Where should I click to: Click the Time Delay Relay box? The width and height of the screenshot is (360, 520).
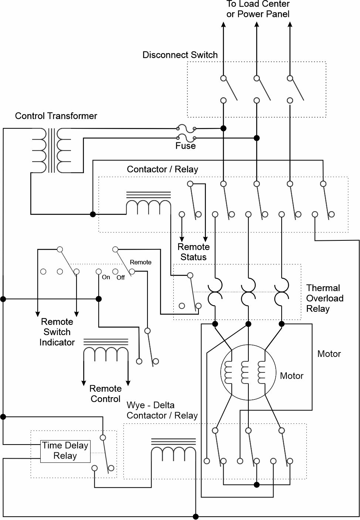coord(65,451)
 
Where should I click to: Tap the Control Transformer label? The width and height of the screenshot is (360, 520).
coord(56,116)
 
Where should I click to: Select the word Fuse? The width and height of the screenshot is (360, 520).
coord(185,146)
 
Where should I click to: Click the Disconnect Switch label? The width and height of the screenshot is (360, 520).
coord(180,55)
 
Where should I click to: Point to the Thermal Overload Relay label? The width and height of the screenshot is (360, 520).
coord(325,298)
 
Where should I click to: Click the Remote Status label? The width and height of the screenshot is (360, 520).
coord(193,251)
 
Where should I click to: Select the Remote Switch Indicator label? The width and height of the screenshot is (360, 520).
coord(57,332)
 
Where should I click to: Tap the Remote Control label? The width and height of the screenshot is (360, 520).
coord(106,394)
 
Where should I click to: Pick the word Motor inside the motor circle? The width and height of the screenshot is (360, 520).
coord(291,376)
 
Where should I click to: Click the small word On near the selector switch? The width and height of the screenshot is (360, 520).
coord(106,277)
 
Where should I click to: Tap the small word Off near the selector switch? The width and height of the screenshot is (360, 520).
coord(120,277)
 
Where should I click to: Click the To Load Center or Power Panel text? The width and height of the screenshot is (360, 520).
coord(258,9)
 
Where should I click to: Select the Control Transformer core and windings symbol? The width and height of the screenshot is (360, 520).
coord(51,151)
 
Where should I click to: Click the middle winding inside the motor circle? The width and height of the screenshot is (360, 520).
coord(245,372)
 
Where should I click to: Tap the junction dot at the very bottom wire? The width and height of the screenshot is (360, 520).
coord(196,517)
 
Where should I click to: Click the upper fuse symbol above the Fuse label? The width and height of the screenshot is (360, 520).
coord(186,128)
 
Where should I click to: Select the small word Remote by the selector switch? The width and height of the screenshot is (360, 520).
coord(140,262)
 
